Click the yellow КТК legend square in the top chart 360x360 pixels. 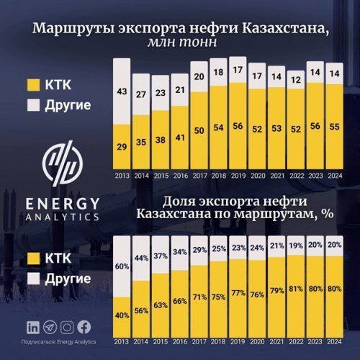pyautogui.click(x=32, y=84)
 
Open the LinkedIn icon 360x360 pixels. pyautogui.click(x=33, y=328)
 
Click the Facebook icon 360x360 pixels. pyautogui.click(x=84, y=328)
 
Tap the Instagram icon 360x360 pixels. pyautogui.click(x=68, y=328)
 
